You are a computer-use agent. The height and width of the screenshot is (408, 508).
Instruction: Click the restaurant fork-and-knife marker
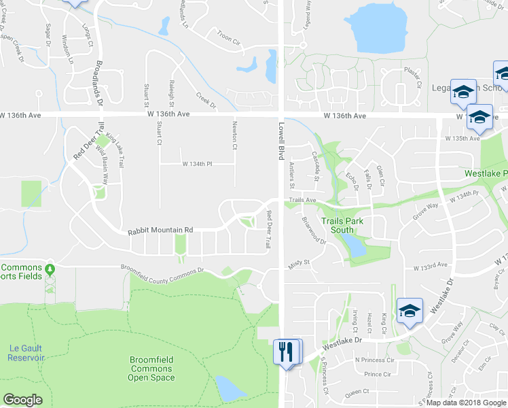pos(286,352)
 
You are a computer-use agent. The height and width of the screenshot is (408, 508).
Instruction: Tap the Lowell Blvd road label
pos(280,141)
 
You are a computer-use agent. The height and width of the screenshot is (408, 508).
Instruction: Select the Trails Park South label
pos(342,226)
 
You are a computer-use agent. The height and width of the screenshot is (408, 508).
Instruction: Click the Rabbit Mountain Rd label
pos(160,231)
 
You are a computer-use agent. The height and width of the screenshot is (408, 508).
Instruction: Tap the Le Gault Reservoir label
pos(26,352)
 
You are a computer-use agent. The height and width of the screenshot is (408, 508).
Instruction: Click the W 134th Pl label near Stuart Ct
pos(198,164)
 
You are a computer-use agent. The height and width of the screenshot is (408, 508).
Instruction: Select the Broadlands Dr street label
pos(98,85)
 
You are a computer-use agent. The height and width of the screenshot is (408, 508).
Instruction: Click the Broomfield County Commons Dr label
pos(162,270)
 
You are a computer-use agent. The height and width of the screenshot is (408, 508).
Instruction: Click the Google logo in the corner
pos(23,400)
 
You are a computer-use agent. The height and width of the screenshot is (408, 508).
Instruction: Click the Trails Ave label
pos(302,201)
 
